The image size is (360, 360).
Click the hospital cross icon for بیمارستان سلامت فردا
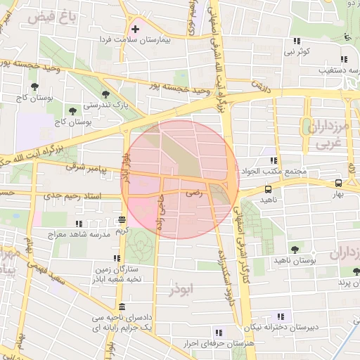(134, 29)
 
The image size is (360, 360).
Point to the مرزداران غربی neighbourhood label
(326, 135)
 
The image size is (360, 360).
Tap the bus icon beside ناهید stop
(268, 189)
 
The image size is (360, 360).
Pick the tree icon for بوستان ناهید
(295, 250)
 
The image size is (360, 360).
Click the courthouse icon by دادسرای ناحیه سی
(123, 308)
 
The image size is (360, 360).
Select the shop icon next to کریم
(122, 219)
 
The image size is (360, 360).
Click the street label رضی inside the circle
(193, 191)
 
